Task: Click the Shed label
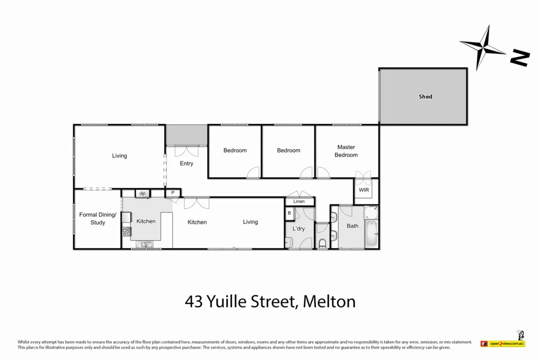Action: (x=426, y=97)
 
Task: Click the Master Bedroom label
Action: (x=346, y=151)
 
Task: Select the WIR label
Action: (x=364, y=191)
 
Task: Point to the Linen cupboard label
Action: (x=299, y=202)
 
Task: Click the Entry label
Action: (x=186, y=164)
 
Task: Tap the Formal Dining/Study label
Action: (x=98, y=219)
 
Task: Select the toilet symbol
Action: (x=322, y=243)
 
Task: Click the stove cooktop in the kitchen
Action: (x=127, y=232)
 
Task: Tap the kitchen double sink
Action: (x=146, y=244)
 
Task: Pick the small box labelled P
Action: (x=173, y=193)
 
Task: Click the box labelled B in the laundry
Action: (x=289, y=213)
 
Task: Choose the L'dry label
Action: (x=299, y=229)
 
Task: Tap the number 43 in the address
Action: (x=194, y=301)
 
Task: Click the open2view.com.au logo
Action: (x=502, y=343)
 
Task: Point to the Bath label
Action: (x=353, y=226)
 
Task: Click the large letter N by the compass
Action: (x=520, y=58)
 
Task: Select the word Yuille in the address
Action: (x=230, y=301)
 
